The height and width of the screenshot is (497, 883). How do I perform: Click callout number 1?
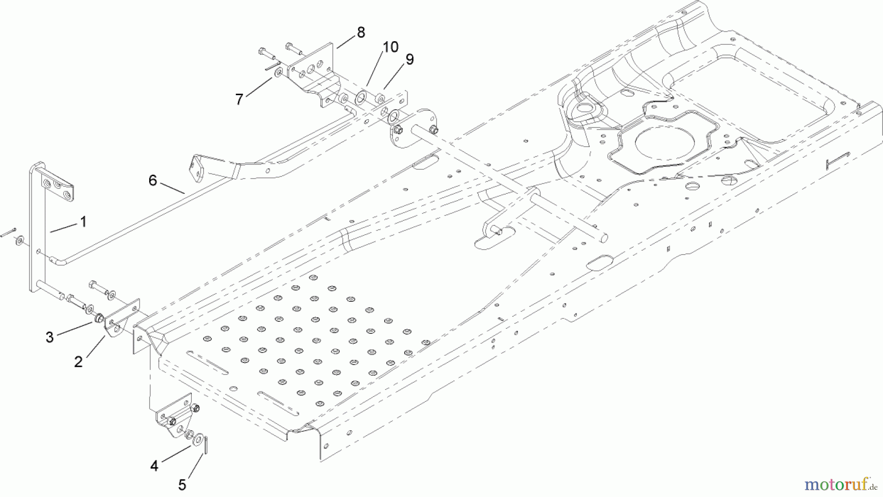(x=83, y=222)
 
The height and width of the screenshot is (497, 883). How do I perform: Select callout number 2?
(x=78, y=362)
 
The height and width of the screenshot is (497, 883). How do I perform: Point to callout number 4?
(x=155, y=466)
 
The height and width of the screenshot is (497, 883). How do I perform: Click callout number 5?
(x=182, y=486)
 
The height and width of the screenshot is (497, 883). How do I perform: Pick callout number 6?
(x=153, y=181)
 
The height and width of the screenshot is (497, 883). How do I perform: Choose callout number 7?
(x=239, y=100)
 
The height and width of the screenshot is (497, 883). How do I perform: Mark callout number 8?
(x=361, y=33)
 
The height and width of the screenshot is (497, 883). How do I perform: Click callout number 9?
(x=410, y=59)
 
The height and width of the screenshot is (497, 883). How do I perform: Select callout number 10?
(x=390, y=47)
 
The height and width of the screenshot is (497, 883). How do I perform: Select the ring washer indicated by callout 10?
(x=362, y=97)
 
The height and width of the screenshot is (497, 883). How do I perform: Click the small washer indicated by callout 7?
(x=278, y=73)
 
